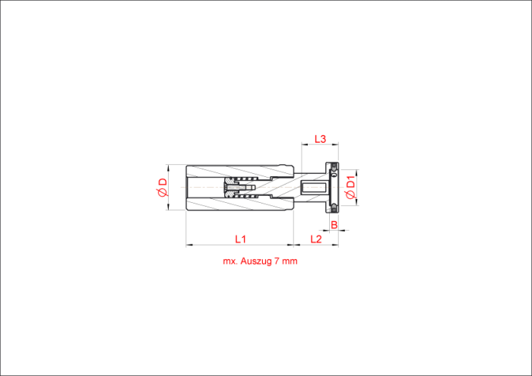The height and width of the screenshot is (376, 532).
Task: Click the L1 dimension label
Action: (x=240, y=239)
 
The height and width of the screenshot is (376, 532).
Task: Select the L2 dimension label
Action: (x=316, y=239)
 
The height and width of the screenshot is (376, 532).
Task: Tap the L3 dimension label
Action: (x=320, y=139)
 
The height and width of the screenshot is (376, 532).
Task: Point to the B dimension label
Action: (x=334, y=225)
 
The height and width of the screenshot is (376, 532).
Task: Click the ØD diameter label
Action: (x=163, y=188)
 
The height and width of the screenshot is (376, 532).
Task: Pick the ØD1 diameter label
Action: (x=350, y=188)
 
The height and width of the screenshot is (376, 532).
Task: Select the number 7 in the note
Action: (x=277, y=261)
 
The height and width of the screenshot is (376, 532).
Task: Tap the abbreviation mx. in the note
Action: (x=230, y=261)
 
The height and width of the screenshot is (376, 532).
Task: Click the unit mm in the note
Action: (x=290, y=261)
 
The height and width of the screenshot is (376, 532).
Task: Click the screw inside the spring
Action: (x=239, y=187)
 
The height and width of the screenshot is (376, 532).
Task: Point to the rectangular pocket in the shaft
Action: (x=315, y=188)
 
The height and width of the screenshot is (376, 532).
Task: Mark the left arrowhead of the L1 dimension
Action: (x=188, y=245)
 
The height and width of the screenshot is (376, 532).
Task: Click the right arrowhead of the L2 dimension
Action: (x=336, y=245)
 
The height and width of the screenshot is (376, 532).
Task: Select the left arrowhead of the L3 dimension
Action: (x=304, y=145)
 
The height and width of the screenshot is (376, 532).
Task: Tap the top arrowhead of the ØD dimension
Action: (x=168, y=167)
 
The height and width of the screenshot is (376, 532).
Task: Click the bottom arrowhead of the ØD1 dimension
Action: (x=357, y=202)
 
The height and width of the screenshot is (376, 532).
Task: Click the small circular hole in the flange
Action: (x=334, y=175)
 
